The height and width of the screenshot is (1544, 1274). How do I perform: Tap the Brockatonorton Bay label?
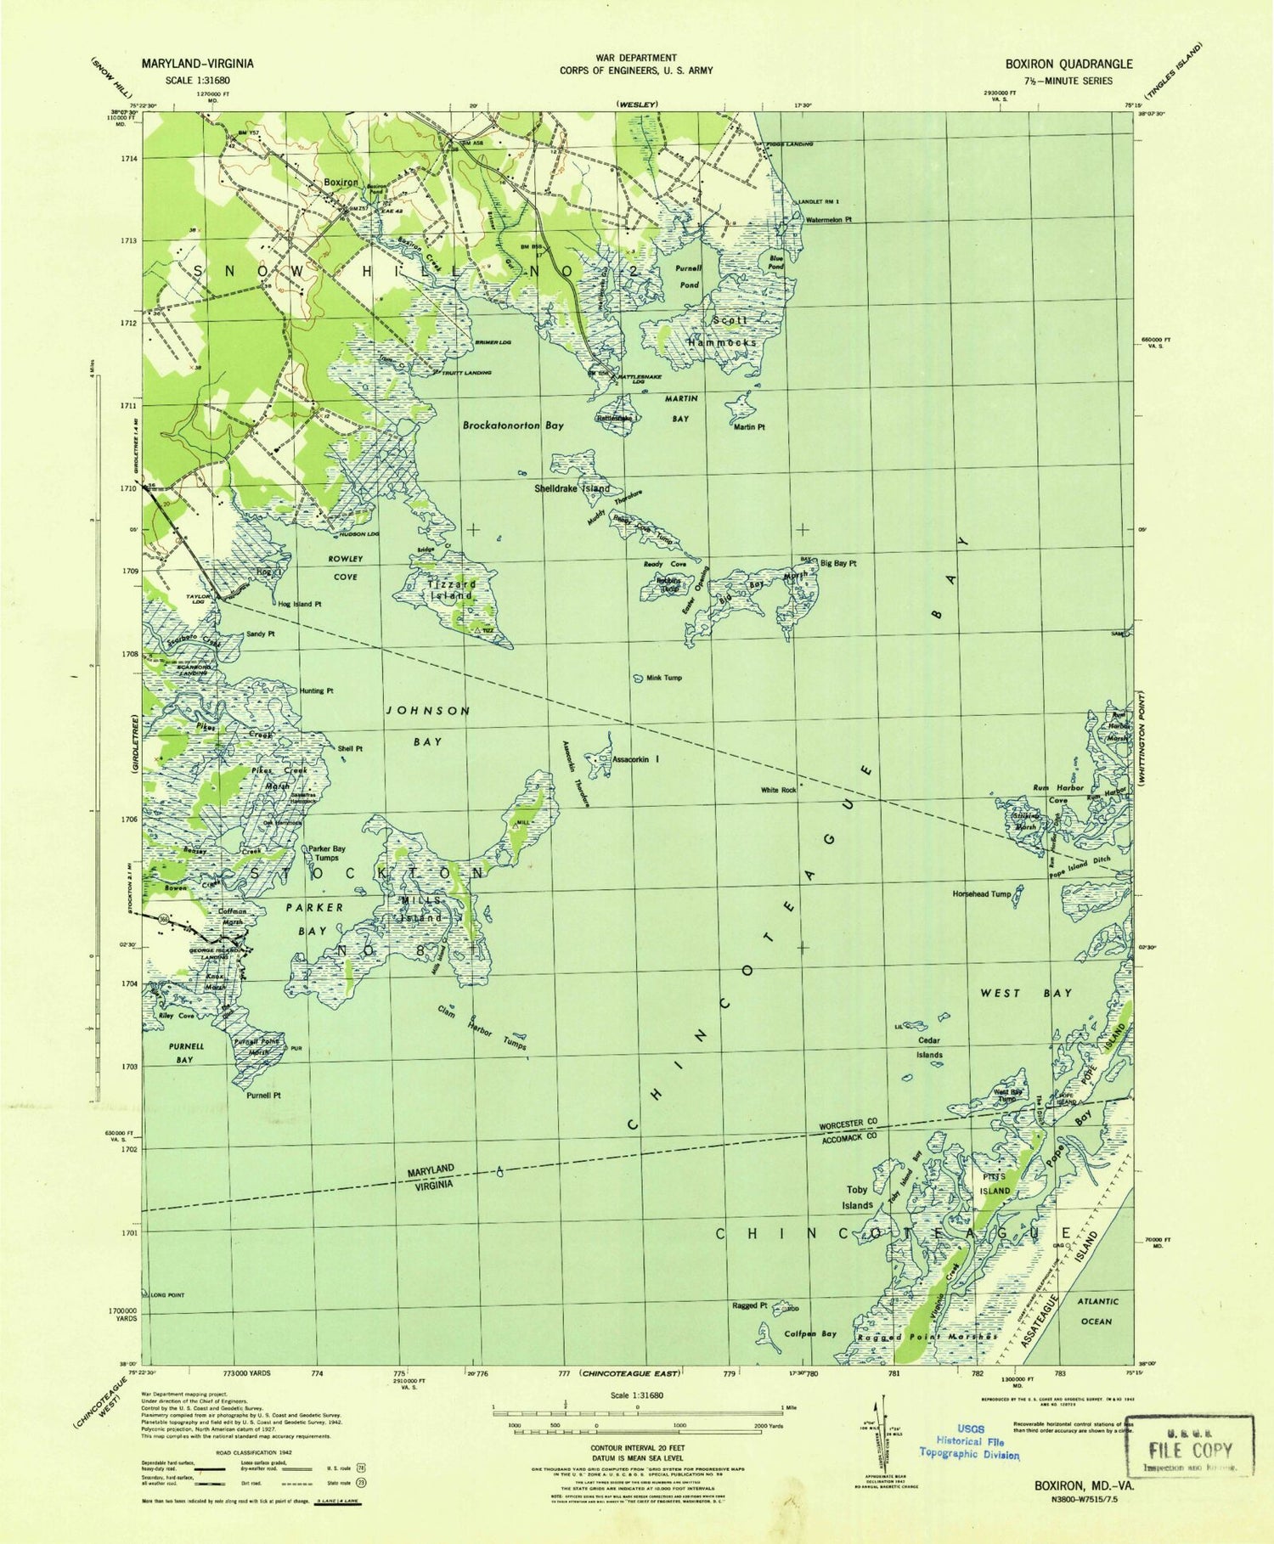[513, 425]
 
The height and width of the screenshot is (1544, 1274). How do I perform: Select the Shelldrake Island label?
[572, 489]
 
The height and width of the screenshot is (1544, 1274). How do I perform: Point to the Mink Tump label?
[664, 678]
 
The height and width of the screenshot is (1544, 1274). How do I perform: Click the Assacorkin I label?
[636, 759]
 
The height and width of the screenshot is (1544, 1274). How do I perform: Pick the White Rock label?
[778, 790]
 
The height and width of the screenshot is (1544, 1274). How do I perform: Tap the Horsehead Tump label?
[982, 894]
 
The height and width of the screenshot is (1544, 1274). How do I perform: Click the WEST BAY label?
[1026, 993]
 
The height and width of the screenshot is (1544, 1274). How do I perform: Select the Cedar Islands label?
[929, 1047]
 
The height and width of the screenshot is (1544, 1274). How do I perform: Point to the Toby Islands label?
[857, 1197]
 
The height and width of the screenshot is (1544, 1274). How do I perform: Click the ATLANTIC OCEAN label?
[1096, 1310]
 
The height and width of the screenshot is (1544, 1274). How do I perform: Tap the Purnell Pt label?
[263, 1096]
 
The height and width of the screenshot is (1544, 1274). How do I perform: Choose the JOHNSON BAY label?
[427, 725]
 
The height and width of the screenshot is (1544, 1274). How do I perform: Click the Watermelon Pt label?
[828, 219]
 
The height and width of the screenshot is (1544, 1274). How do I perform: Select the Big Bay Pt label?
[838, 563]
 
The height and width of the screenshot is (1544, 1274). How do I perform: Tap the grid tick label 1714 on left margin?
[128, 159]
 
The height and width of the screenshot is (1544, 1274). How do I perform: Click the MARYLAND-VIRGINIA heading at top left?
[197, 64]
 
